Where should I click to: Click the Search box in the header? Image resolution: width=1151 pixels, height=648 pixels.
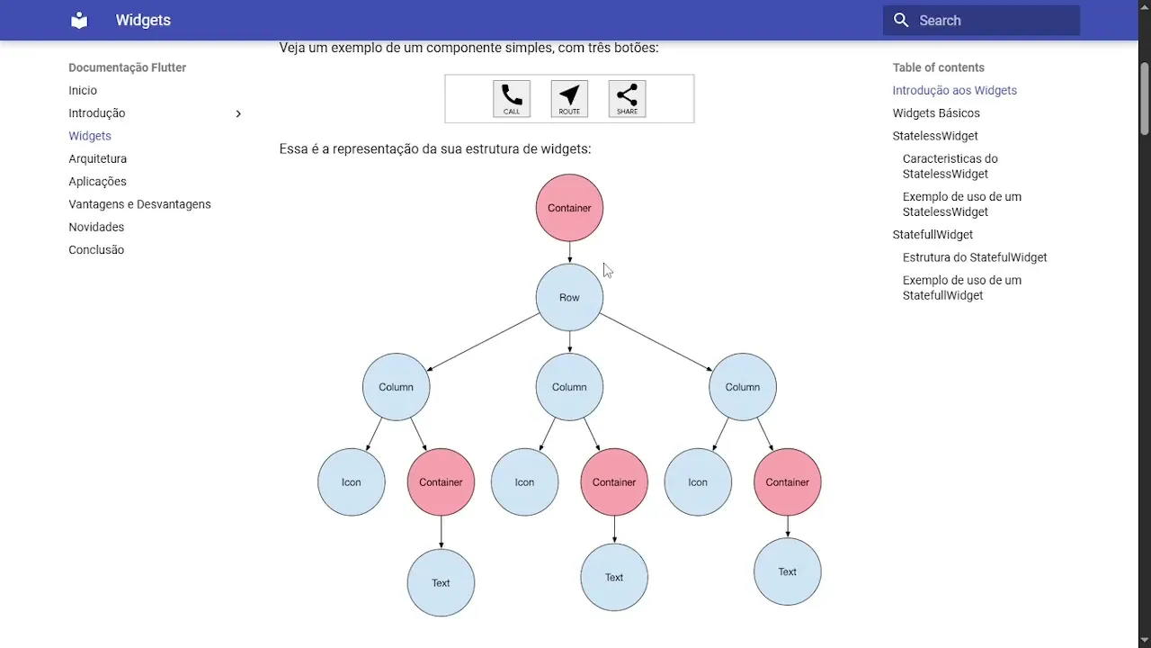tap(981, 21)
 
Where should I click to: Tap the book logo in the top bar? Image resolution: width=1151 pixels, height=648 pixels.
tap(79, 21)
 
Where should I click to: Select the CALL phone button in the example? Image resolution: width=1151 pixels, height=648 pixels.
tap(512, 99)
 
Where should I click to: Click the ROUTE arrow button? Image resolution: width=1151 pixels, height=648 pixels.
tap(569, 99)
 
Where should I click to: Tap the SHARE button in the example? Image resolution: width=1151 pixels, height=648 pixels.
tap(627, 99)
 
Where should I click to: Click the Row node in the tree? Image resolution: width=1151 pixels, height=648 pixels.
tap(569, 298)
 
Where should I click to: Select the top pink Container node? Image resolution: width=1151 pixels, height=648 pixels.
tap(569, 208)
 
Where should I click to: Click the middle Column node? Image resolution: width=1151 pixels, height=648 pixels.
tap(569, 387)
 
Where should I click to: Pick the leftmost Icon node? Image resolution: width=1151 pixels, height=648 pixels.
tap(352, 482)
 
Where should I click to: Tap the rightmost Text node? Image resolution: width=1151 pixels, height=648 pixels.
tap(788, 571)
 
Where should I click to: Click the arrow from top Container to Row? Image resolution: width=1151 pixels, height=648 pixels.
tap(569, 253)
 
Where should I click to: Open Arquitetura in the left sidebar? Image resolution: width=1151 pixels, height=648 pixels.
tap(97, 159)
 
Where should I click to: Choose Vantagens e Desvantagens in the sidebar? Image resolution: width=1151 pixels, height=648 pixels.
tap(139, 204)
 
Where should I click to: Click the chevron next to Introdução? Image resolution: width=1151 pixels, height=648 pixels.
tap(238, 113)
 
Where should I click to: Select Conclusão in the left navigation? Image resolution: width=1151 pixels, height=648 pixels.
tap(96, 250)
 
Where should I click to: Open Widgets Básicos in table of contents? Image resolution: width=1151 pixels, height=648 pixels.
tap(936, 113)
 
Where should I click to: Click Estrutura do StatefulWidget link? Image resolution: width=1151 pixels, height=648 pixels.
tap(975, 257)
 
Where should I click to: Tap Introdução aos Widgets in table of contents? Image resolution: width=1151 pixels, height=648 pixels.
tap(954, 91)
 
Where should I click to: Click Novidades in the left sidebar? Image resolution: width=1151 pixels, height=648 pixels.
tap(96, 228)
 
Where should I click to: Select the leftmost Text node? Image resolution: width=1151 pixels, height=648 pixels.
tap(441, 583)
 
